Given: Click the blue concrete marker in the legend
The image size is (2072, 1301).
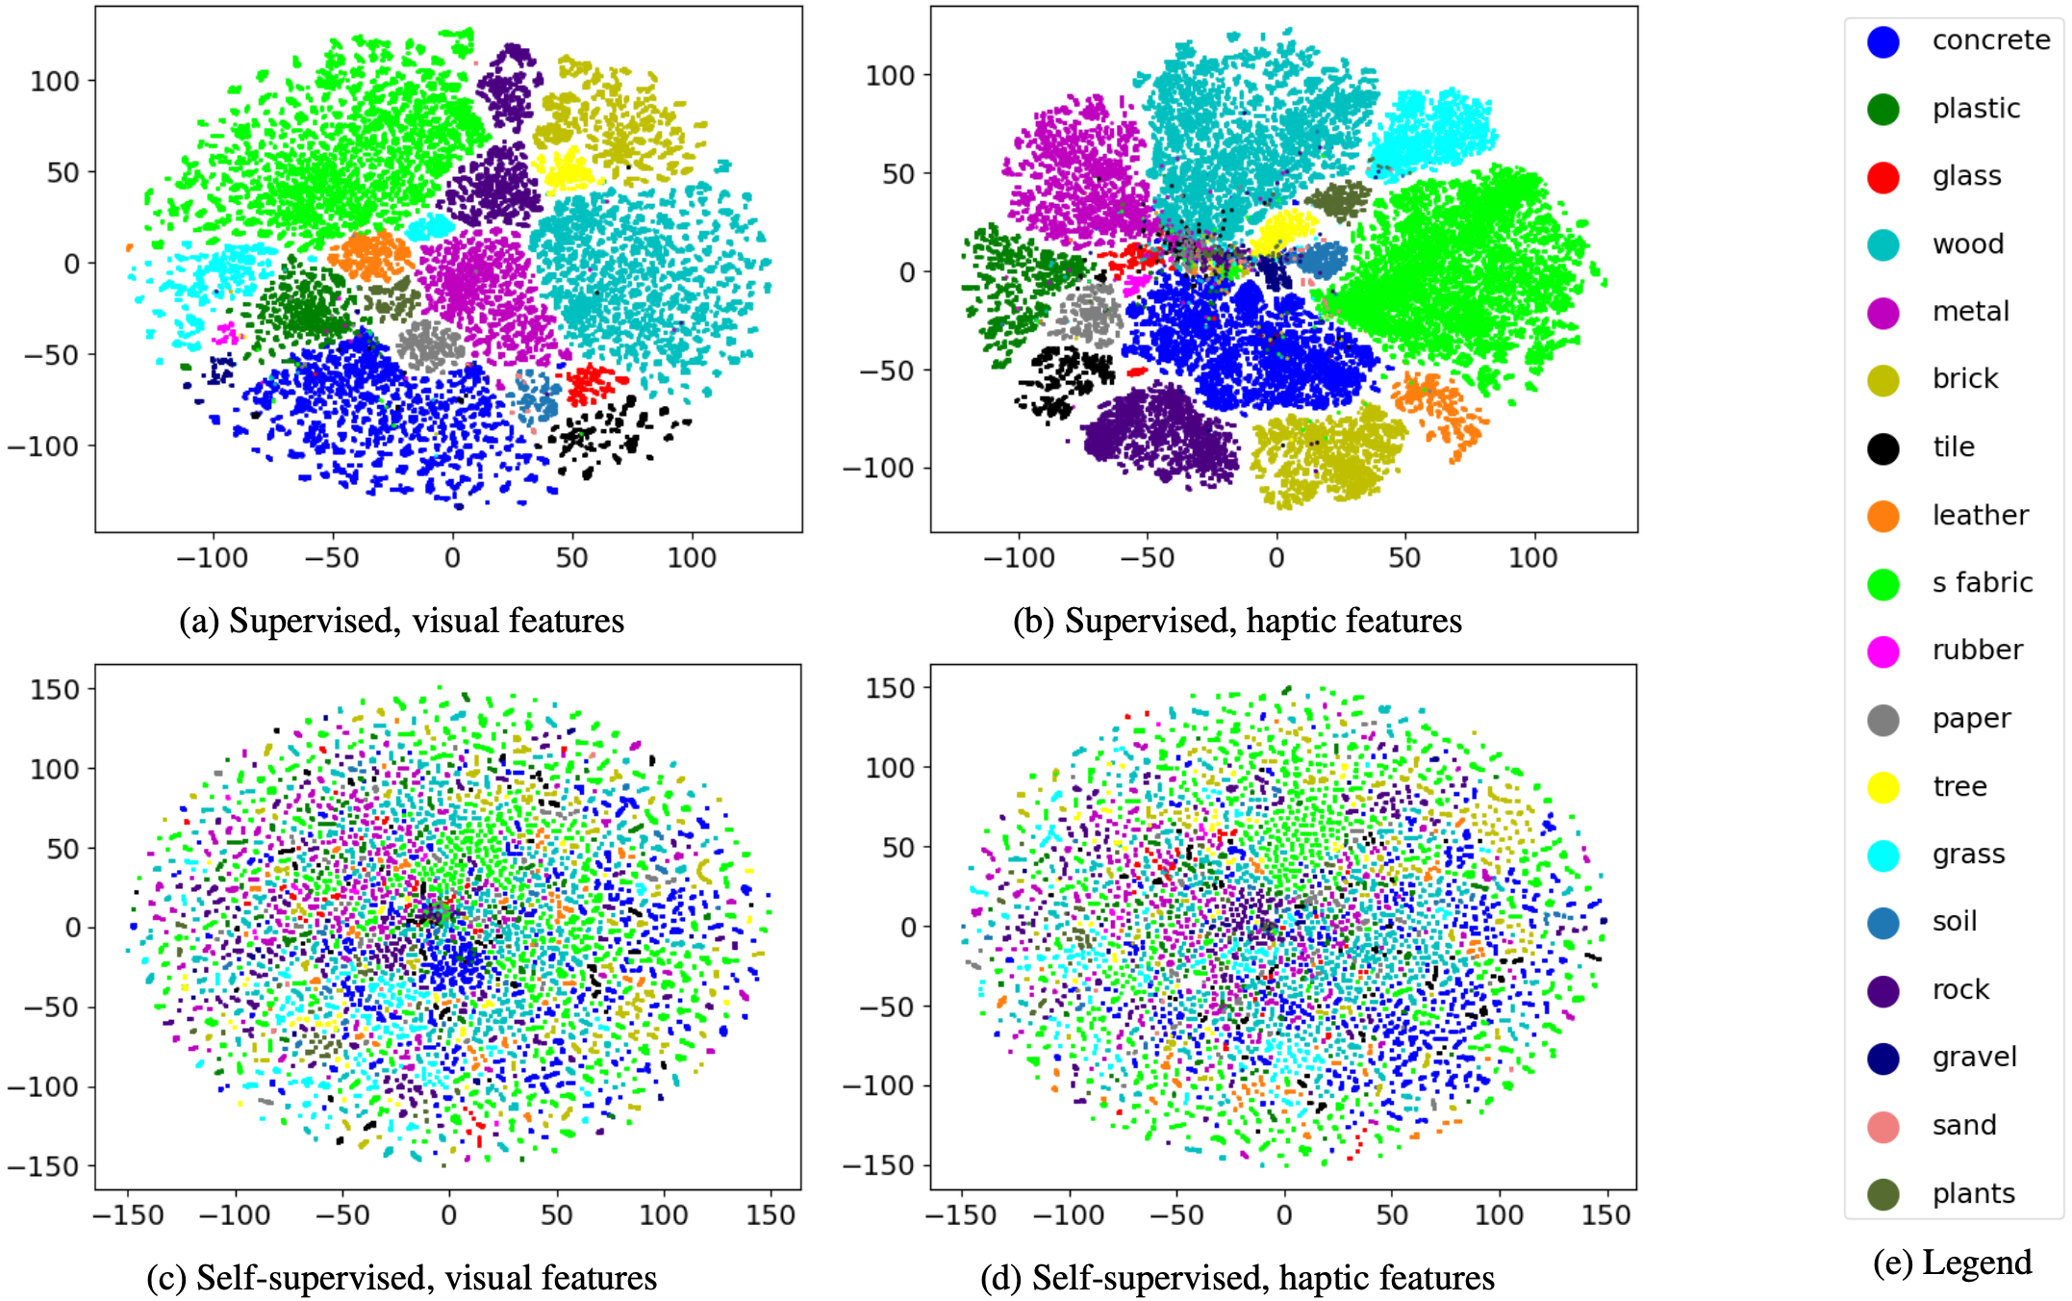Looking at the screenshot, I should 1882,41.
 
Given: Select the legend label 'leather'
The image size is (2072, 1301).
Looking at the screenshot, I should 1980,516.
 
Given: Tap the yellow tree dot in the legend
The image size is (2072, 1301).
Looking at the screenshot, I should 1882,787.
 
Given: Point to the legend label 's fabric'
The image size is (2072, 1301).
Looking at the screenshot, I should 1982,583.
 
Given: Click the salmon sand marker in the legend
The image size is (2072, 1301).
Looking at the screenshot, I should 1882,1126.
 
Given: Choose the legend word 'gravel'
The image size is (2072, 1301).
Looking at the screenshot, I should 1974,1058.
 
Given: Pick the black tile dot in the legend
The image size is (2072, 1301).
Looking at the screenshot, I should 1882,448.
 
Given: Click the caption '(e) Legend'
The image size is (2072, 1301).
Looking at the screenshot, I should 1952,1262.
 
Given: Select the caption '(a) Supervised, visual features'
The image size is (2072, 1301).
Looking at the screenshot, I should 402,621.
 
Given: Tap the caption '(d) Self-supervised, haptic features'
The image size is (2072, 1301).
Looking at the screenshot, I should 1237,1278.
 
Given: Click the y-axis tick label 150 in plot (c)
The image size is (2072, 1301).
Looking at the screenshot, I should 55,690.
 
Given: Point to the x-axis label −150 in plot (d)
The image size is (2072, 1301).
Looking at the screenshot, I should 961,1215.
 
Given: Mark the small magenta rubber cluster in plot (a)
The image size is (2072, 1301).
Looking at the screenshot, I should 226,334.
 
